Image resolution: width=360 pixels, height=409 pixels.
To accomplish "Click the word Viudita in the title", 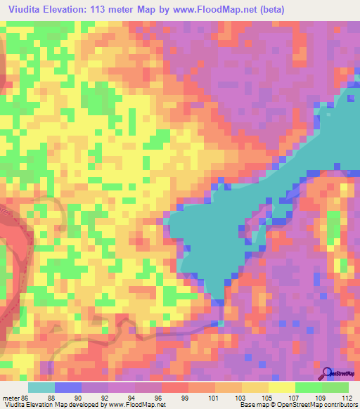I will pyautogui.click(x=22, y=9).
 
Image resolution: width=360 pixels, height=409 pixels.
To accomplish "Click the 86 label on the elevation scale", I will pyautogui.click(x=27, y=397).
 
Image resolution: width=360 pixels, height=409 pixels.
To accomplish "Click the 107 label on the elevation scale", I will pyautogui.click(x=296, y=397).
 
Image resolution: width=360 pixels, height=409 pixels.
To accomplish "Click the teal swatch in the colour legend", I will pyautogui.click(x=41, y=387).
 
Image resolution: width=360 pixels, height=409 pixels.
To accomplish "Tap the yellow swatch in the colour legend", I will pyautogui.click(x=282, y=387).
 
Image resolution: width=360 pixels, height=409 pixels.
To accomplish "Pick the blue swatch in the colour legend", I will pyautogui.click(x=68, y=387).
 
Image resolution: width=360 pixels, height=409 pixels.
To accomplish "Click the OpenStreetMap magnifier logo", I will pyautogui.click(x=328, y=373).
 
